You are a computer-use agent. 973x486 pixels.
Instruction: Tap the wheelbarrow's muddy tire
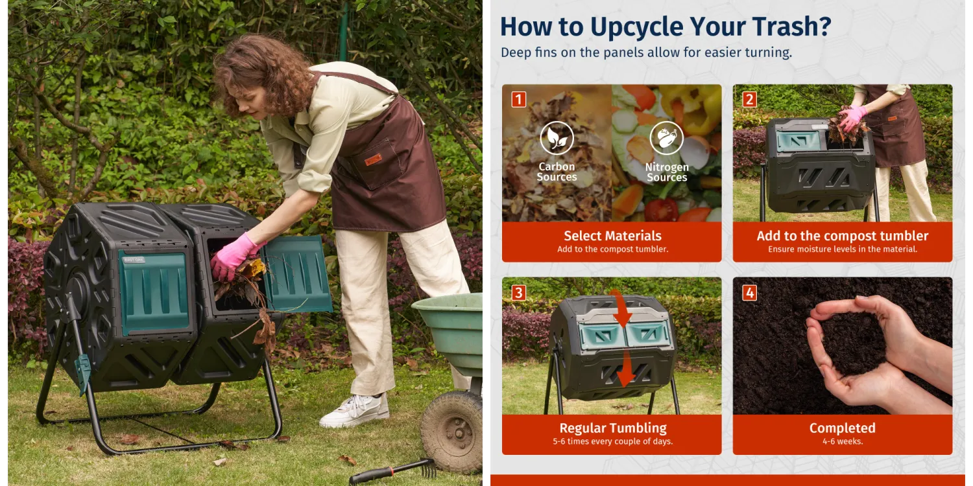coord(451,431)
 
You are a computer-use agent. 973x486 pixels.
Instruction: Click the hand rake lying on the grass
coord(392,472)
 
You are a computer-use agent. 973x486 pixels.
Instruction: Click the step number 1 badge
coord(519,99)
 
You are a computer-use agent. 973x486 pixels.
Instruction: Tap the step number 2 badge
coord(749,99)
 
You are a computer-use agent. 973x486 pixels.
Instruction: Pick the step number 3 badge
coord(519,293)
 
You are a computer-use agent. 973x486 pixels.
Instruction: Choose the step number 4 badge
coord(749,293)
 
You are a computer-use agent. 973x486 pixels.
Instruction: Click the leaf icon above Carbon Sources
coord(557,138)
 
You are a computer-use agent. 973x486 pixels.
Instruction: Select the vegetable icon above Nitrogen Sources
coord(666,138)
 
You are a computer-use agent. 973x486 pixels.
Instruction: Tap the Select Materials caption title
coord(612,236)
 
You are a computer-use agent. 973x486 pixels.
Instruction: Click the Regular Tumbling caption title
coord(613,428)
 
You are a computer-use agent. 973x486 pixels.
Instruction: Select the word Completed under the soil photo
coord(842,428)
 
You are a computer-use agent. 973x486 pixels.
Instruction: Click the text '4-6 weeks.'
coord(843,442)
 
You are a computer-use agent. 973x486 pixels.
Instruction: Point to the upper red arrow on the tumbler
coord(621,309)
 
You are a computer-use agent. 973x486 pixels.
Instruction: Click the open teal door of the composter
coord(298,274)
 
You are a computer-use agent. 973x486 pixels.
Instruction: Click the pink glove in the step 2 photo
coord(852,118)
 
